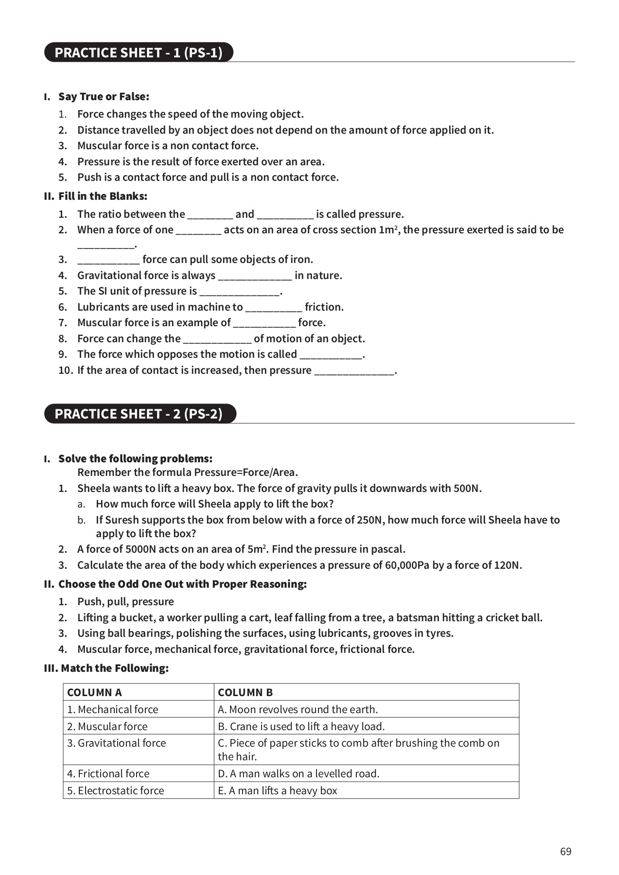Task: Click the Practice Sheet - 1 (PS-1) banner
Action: click(x=139, y=52)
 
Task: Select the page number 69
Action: click(x=566, y=851)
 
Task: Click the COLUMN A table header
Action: click(x=94, y=692)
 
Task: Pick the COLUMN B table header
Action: click(x=245, y=692)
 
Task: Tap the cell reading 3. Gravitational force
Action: click(x=117, y=743)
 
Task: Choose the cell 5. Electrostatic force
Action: click(x=116, y=790)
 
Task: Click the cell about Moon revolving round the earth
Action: click(x=298, y=709)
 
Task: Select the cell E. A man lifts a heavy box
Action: click(x=277, y=790)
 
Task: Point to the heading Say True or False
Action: click(x=104, y=96)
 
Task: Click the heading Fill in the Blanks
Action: click(x=103, y=196)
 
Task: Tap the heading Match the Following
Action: click(x=115, y=668)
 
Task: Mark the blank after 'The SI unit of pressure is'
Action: click(x=240, y=292)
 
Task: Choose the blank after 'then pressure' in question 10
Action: click(x=354, y=371)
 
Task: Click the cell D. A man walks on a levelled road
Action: click(x=298, y=773)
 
